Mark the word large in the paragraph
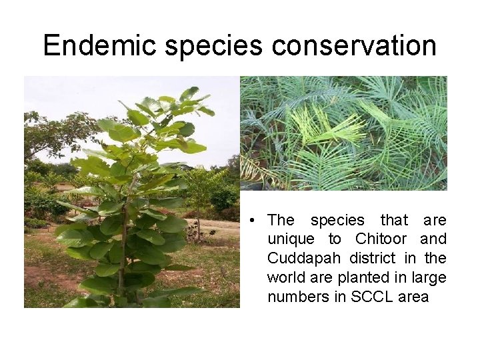pos(430,277)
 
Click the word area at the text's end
pos(413,297)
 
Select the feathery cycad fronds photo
pos(343,133)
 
